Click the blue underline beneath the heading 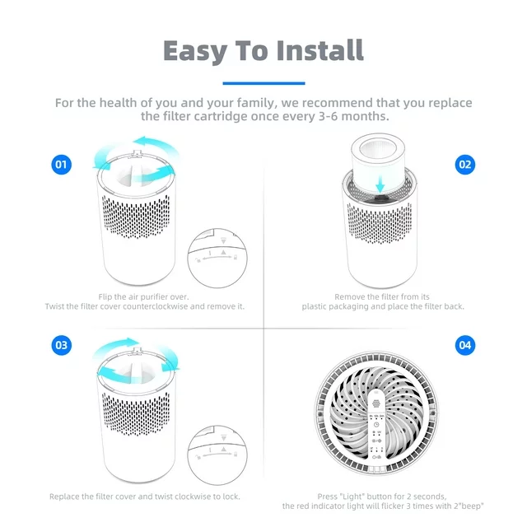tap(263, 82)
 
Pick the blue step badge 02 tap(465, 165)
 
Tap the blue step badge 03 tap(61, 345)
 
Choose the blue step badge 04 tap(465, 345)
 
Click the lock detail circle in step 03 tap(217, 453)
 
